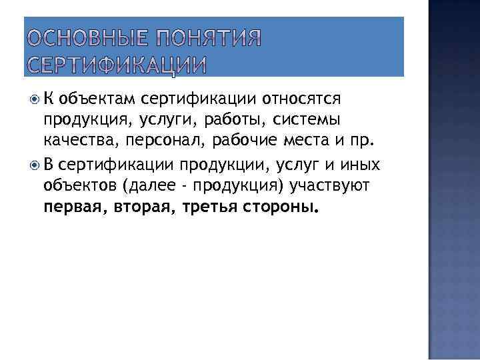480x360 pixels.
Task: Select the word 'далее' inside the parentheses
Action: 149,185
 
